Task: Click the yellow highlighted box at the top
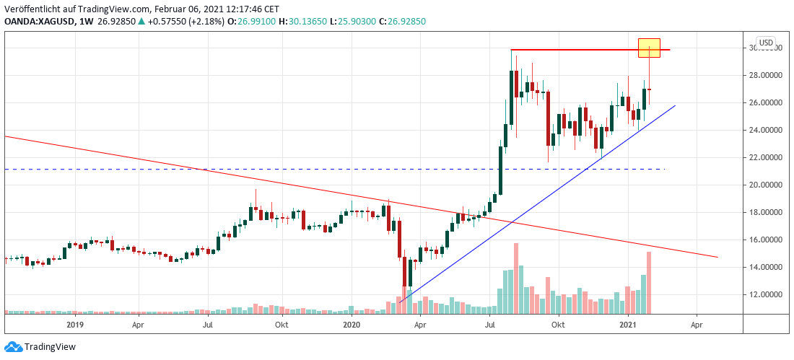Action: [x=650, y=48]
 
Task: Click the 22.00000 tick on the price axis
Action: [x=767, y=157]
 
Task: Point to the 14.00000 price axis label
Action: [x=767, y=267]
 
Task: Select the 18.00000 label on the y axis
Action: [x=767, y=212]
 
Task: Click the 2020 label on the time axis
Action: [x=352, y=325]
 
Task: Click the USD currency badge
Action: [x=765, y=42]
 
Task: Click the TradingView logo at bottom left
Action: [x=41, y=347]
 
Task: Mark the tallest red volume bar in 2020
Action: [x=516, y=278]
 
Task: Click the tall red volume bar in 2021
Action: [x=650, y=282]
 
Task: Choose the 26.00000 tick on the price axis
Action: [x=767, y=102]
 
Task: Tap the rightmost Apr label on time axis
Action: [x=697, y=325]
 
